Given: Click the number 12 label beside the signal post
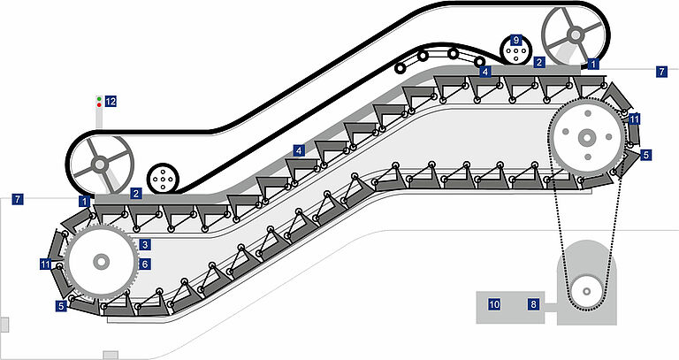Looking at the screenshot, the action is [111, 102].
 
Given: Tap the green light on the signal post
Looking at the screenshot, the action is [99, 99].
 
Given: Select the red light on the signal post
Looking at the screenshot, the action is [99, 105].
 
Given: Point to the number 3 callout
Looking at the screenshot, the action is [145, 245].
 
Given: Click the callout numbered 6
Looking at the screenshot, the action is [145, 264].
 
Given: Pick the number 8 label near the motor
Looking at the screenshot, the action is [533, 304].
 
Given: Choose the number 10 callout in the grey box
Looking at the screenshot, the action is [494, 304].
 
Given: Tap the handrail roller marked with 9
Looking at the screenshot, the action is [515, 50].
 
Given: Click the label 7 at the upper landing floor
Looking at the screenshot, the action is [661, 72].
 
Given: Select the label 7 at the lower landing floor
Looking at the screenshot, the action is [18, 199].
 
